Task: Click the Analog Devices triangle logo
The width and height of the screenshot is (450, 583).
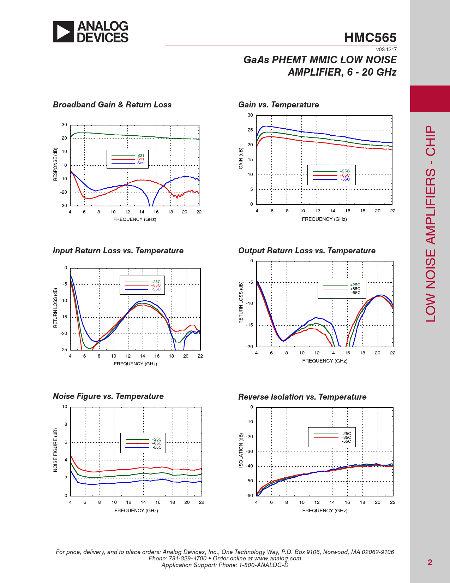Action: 64,32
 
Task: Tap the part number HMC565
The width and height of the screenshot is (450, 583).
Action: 370,38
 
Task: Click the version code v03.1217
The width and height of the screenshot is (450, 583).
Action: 386,49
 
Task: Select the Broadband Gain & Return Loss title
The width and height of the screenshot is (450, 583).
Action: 112,105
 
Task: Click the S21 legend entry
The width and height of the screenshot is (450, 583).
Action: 140,155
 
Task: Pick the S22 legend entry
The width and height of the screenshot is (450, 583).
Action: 140,163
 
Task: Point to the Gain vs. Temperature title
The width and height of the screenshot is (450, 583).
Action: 278,105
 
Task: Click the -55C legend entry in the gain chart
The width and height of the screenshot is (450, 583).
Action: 345,179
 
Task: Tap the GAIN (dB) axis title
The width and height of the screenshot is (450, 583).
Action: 241,158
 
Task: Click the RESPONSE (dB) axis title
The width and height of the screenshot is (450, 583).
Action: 55,164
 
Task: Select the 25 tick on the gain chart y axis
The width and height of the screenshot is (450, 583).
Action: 250,130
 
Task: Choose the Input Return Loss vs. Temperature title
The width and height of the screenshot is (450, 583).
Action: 118,251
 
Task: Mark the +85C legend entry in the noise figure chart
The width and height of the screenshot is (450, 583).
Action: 156,443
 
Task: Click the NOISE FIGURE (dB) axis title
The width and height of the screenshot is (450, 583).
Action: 55,450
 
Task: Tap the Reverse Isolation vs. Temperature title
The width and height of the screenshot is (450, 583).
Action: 302,397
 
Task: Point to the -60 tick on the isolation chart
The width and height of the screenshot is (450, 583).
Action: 249,496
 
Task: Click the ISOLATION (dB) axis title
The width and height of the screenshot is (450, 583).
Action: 241,450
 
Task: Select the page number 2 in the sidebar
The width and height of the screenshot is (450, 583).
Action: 430,562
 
